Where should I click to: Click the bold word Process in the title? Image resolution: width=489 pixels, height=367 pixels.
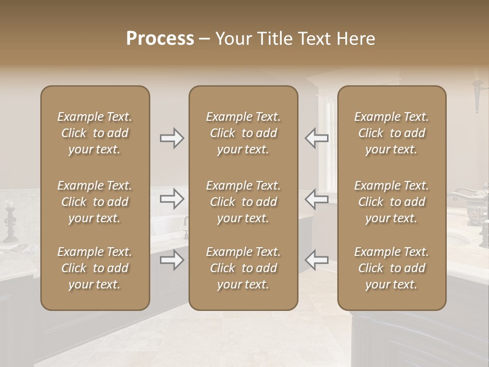[x=160, y=39]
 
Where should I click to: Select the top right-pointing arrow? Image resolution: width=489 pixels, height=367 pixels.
[x=172, y=138]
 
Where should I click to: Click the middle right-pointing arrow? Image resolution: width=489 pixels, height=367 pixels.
[x=172, y=199]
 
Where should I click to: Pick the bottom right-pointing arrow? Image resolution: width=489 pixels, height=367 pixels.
[x=172, y=260]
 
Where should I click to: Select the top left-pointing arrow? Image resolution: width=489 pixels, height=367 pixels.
[x=316, y=138]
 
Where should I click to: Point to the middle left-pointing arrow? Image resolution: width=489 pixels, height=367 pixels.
[x=316, y=199]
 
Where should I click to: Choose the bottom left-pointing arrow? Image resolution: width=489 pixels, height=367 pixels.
[x=316, y=260]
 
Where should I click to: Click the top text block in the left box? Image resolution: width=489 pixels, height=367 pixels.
[x=95, y=133]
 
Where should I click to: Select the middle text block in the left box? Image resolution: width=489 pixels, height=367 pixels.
[x=95, y=202]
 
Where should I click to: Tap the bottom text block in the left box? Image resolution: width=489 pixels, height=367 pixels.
[x=95, y=268]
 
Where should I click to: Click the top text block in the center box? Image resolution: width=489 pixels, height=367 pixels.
[x=243, y=133]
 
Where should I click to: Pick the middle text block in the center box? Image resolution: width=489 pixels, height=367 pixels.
[x=243, y=202]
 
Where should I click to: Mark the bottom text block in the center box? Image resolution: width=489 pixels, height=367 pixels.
[x=243, y=268]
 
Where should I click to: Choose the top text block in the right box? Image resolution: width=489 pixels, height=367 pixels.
[x=391, y=133]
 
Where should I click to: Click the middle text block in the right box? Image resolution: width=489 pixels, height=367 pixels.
[x=391, y=202]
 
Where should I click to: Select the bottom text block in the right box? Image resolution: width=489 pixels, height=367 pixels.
[x=391, y=268]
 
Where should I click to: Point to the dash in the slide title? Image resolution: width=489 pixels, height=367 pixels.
[x=205, y=39]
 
